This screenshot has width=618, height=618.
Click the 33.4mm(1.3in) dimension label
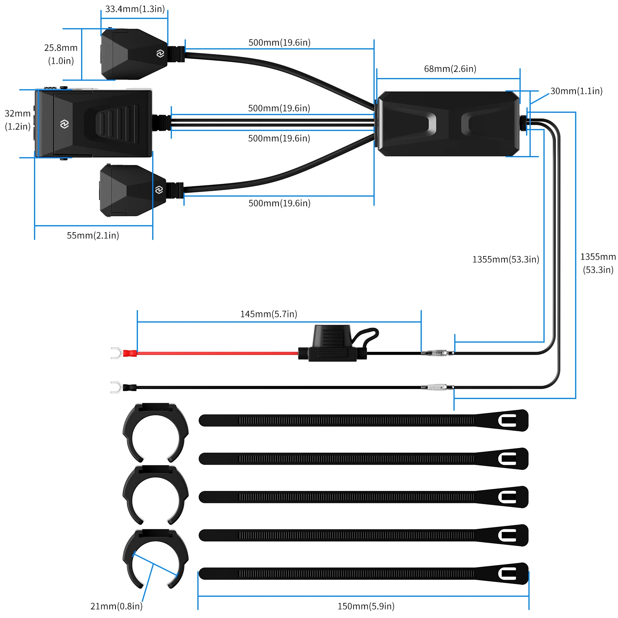tap(135, 9)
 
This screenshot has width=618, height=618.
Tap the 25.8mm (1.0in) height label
tap(61, 54)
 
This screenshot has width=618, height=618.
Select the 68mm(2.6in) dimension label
tap(450, 69)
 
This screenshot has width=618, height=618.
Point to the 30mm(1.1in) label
tap(576, 91)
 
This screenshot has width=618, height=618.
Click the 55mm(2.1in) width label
tap(93, 235)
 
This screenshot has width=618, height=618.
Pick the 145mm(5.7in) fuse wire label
tap(268, 314)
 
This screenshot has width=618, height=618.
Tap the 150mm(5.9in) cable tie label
tap(366, 606)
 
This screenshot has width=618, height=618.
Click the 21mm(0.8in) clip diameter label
tap(116, 606)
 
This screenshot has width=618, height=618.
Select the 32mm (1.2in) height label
tap(17, 120)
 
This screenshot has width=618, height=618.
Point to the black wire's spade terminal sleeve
tap(129, 387)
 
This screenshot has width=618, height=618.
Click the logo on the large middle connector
tap(65, 124)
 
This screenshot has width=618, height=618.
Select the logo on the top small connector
tap(160, 54)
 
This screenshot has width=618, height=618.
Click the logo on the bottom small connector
tap(159, 190)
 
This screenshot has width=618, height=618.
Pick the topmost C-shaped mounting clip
tap(156, 432)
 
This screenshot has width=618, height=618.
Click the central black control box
tap(448, 124)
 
